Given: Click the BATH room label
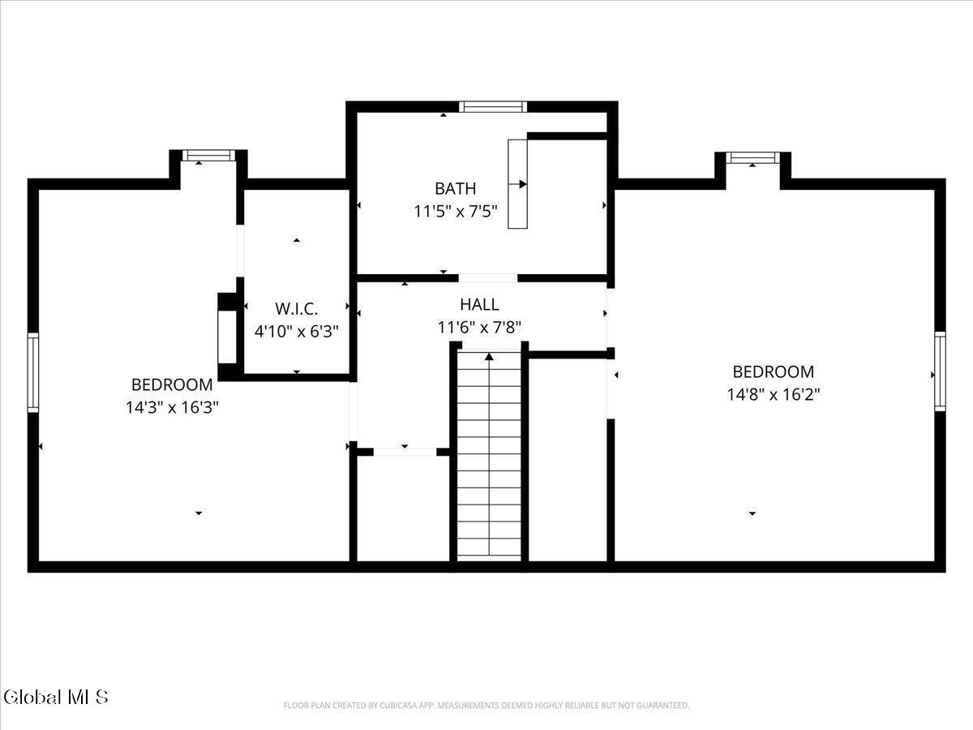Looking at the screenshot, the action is [x=455, y=189].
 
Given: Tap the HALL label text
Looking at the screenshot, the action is [x=479, y=304].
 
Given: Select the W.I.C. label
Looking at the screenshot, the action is [x=296, y=309].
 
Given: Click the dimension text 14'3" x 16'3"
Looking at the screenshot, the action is [x=172, y=407].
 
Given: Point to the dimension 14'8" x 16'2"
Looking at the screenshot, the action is [x=773, y=394].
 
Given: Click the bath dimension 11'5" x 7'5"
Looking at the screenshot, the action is [x=455, y=212].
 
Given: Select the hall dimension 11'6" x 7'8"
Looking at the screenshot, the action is [x=479, y=328].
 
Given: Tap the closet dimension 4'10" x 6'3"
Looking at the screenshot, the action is [x=296, y=331].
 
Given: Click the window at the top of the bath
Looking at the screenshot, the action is [x=493, y=107].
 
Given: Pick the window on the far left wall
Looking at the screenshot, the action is [x=33, y=372].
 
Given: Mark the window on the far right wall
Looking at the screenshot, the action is [x=941, y=371].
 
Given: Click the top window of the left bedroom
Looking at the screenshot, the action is [x=208, y=156].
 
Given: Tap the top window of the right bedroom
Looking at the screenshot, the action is [x=752, y=157].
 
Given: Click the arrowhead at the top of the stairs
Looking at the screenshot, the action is [x=489, y=356].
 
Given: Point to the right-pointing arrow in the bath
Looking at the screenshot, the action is [x=517, y=184].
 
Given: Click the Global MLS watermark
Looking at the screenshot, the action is [x=56, y=698].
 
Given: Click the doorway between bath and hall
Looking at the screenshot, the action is [x=487, y=278].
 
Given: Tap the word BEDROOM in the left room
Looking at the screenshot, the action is [x=172, y=384].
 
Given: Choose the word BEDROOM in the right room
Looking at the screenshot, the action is [x=773, y=371].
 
